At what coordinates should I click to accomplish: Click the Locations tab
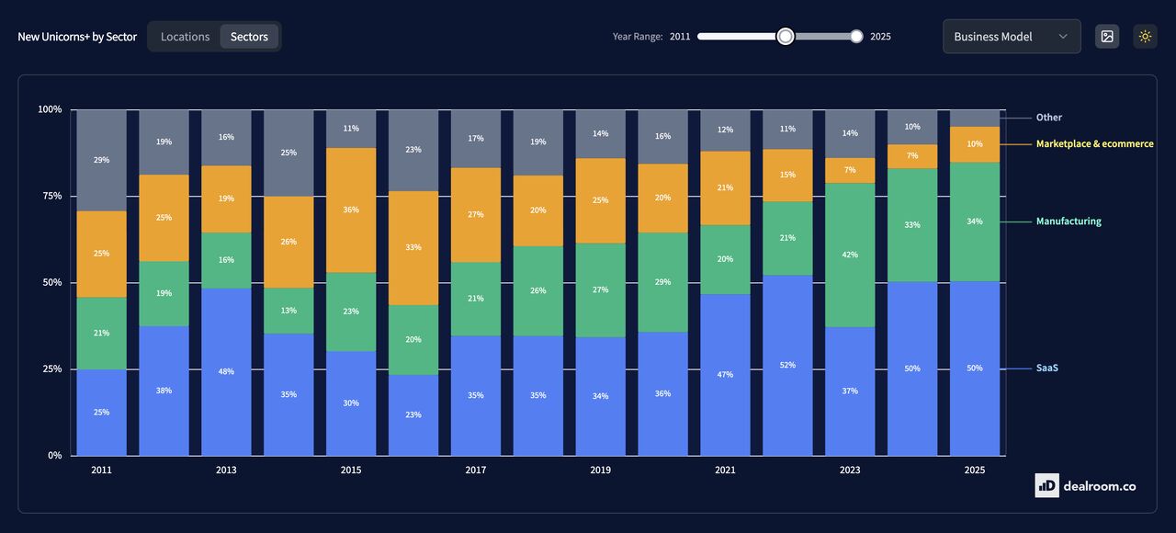point(185,37)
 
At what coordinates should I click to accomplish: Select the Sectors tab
point(249,37)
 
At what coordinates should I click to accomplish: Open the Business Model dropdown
point(1011,37)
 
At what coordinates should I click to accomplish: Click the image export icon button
point(1107,37)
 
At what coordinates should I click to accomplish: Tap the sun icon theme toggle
point(1145,37)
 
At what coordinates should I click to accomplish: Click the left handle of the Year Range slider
point(785,36)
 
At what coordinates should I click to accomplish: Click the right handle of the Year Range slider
point(856,36)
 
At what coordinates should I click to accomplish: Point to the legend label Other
point(1048,118)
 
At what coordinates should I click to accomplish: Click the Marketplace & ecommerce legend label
point(1094,144)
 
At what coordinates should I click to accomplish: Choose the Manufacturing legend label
point(1068,221)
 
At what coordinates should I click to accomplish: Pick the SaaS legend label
point(1047,369)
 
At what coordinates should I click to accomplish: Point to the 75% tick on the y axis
point(50,196)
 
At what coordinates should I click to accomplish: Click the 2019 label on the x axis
point(600,471)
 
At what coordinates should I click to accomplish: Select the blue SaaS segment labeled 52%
point(787,365)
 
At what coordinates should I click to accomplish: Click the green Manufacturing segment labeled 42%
point(850,255)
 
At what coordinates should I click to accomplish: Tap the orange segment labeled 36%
point(351,210)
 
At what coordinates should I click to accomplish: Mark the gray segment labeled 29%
point(101,160)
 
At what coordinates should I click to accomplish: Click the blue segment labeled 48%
point(226,371)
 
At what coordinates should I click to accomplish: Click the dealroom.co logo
point(1085,485)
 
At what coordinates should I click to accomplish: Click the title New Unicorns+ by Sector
point(77,37)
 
